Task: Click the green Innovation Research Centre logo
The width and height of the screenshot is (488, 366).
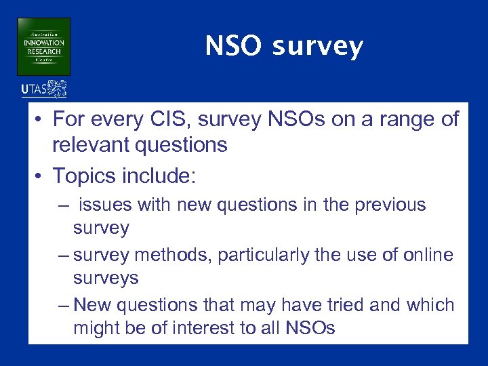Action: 43,46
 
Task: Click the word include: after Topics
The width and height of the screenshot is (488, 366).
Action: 161,176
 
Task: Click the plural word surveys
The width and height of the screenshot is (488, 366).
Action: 106,278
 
